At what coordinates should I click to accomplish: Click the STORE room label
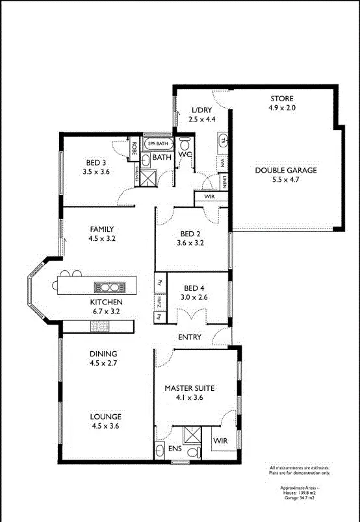point(282,99)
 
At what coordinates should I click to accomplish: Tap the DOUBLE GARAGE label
point(285,170)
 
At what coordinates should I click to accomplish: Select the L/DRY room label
point(201,110)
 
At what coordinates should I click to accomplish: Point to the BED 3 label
point(96,162)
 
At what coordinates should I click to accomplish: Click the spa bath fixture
point(159,143)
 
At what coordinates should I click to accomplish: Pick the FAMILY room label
point(101,229)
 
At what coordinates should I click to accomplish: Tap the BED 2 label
point(190,234)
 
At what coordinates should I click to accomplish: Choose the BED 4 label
point(195,288)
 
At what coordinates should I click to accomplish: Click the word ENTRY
point(190,337)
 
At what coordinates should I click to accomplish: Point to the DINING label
point(103,354)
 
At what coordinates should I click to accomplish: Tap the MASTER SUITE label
point(189,388)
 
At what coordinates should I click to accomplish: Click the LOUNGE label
point(106,416)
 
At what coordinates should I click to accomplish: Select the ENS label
point(175,448)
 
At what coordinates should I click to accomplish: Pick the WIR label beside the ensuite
point(221,441)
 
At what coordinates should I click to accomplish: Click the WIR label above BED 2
point(209,196)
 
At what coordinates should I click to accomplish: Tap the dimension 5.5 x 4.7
point(285,180)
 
